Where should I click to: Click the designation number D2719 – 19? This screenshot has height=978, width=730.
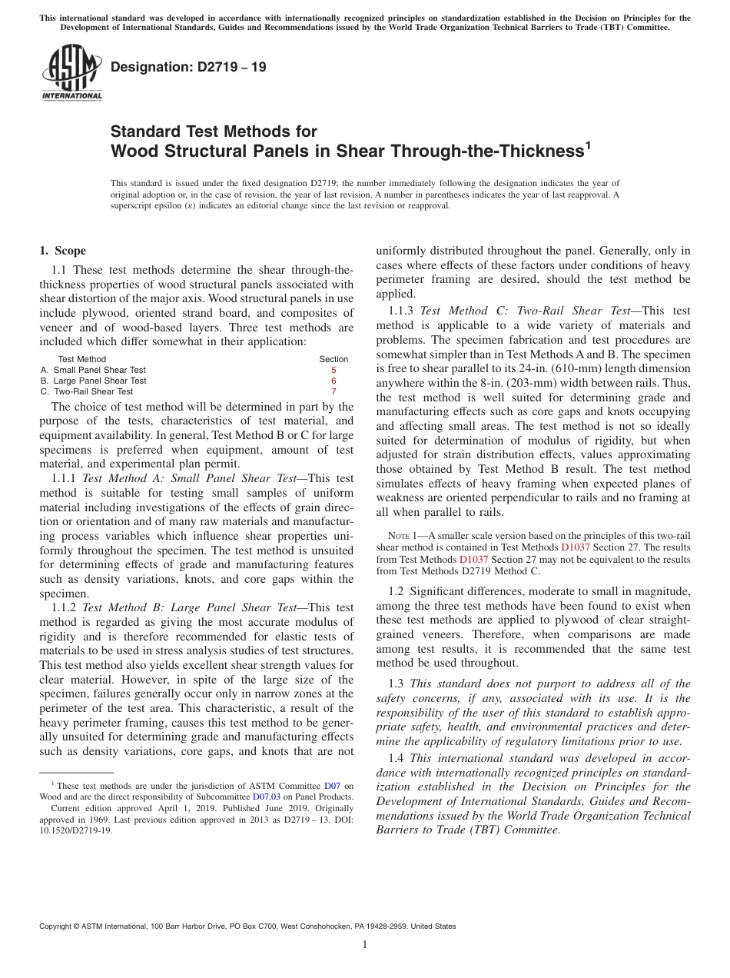pyautogui.click(x=188, y=67)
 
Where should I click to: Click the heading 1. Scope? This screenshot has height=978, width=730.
pyautogui.click(x=62, y=251)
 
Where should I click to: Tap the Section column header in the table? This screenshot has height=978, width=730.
pyautogui.click(x=333, y=359)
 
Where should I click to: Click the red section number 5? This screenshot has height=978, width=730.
pyautogui.click(x=333, y=370)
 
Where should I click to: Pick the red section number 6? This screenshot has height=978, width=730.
pyautogui.click(x=333, y=381)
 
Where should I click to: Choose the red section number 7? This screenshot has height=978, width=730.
pyautogui.click(x=333, y=391)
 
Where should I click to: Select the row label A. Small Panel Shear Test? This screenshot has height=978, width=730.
pyautogui.click(x=93, y=370)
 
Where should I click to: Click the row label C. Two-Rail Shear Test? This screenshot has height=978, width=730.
pyautogui.click(x=87, y=391)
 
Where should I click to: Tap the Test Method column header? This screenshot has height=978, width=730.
pyautogui.click(x=82, y=359)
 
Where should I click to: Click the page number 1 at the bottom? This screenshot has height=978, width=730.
pyautogui.click(x=365, y=945)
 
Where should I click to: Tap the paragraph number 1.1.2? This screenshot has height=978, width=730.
pyautogui.click(x=64, y=607)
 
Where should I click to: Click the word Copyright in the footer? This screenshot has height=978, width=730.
pyautogui.click(x=56, y=926)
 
